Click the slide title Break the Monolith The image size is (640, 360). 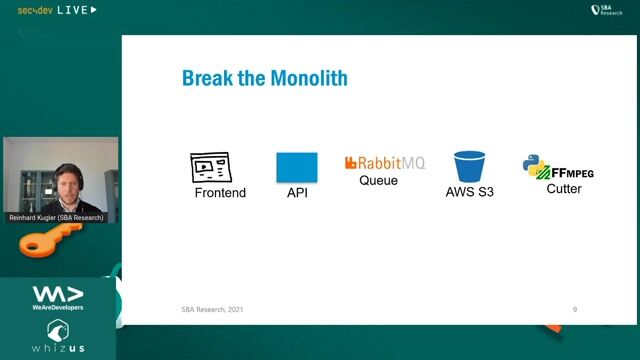[x=264, y=78]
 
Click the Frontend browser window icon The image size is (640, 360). [x=211, y=167]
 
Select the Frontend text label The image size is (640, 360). [x=220, y=192]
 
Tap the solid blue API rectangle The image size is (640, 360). [x=297, y=167]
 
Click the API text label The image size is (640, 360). [x=297, y=192]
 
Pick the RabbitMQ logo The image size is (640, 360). [x=384, y=163]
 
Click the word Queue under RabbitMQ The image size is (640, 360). [x=378, y=181]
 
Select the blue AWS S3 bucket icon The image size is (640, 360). [x=469, y=166]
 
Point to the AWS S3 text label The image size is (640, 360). [x=470, y=192]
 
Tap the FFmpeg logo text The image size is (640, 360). [x=572, y=172]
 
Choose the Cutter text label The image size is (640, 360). [x=564, y=188]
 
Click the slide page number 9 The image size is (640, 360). [x=574, y=310]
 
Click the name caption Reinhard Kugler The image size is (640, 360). [x=60, y=217]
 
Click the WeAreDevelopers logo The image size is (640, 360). [x=58, y=297]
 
